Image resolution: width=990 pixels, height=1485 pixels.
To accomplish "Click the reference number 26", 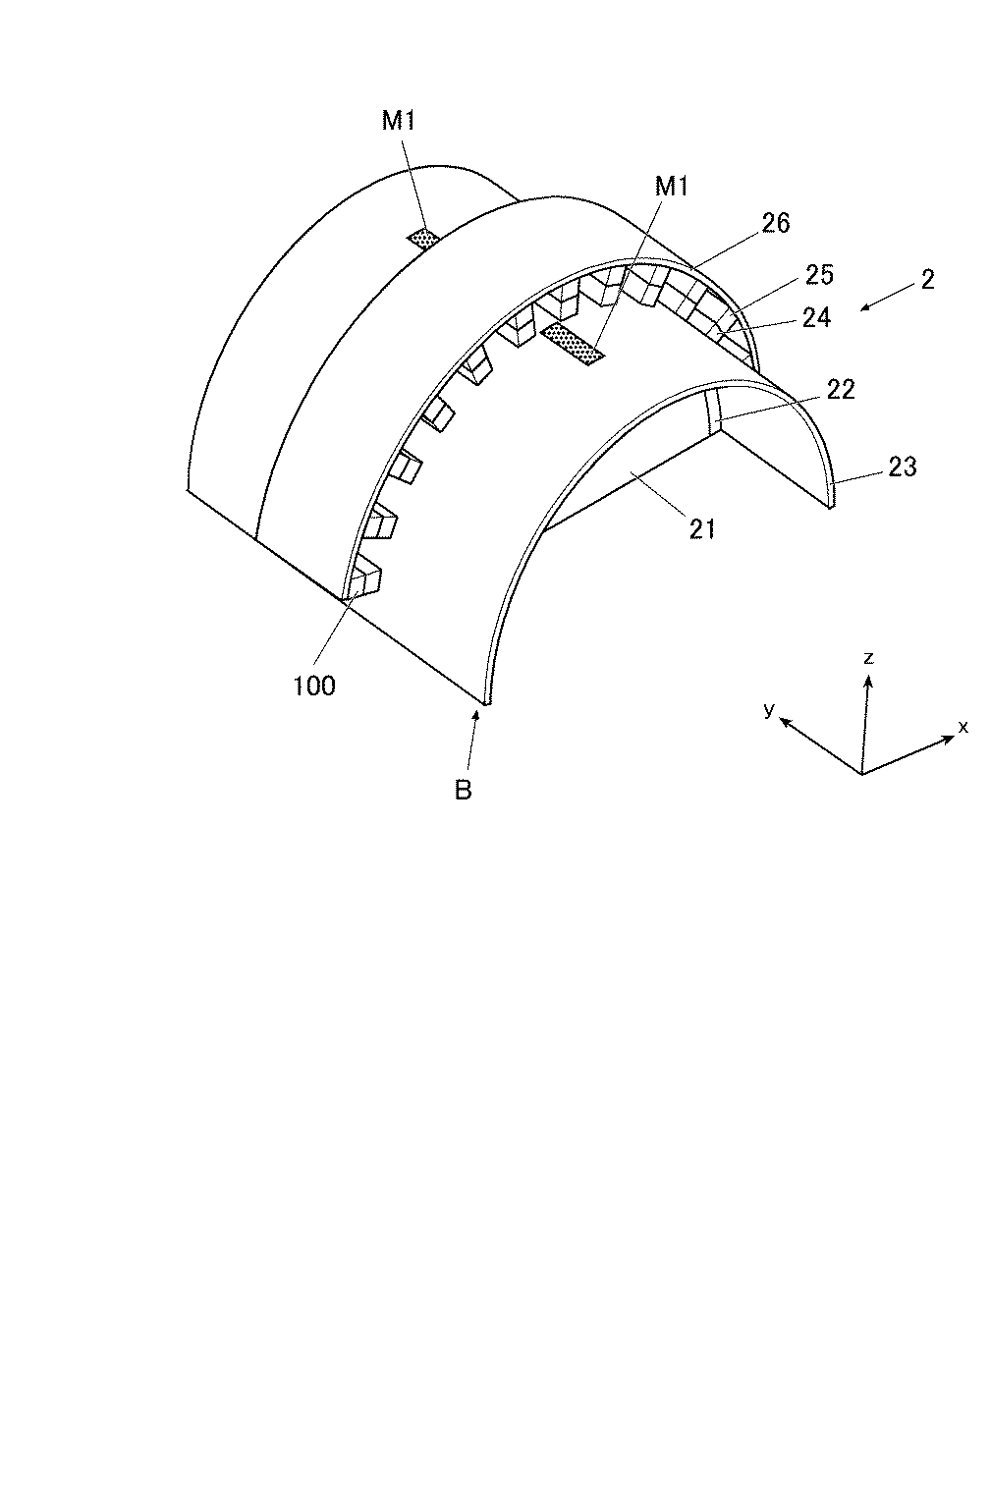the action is pos(775,223).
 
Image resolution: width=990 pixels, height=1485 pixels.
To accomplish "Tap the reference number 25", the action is pos(819,274).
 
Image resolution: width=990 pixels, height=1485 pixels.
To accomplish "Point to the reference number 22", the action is pos(841,389).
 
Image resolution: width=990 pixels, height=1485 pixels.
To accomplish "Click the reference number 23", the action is pos(902,467).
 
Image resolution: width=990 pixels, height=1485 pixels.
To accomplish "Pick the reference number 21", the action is pos(703,529).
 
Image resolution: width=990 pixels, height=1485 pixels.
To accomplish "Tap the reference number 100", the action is pos(314,686).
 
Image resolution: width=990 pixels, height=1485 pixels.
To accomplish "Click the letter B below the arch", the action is pos(463,791).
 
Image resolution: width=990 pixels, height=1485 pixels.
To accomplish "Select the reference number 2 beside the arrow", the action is pos(928,279).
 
